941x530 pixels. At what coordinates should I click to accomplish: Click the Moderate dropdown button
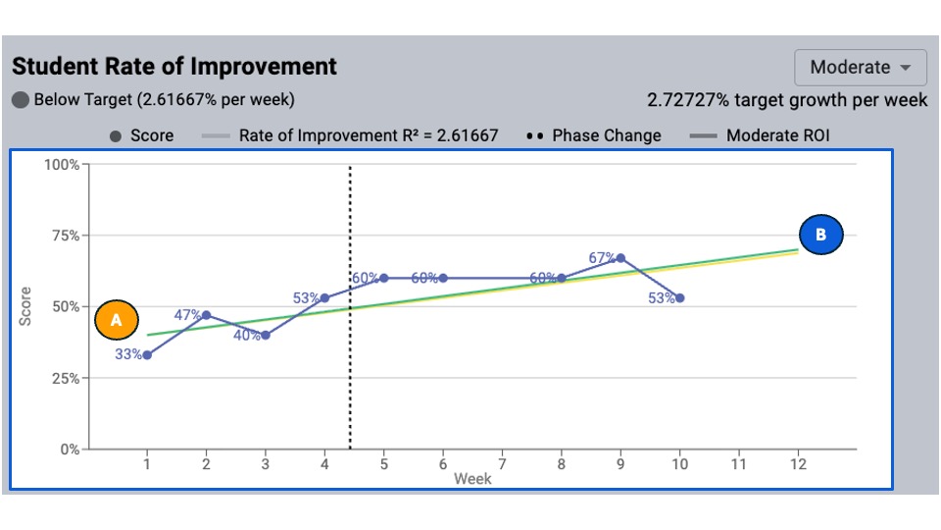pos(861,68)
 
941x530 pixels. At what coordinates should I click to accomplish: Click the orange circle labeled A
pos(117,320)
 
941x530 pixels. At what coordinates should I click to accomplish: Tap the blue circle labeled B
pos(821,236)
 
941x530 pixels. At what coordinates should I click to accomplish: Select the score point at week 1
pos(147,355)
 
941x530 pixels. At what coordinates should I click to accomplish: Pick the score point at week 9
pos(620,258)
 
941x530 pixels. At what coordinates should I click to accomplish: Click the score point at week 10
pos(679,297)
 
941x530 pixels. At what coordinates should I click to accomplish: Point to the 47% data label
pos(187,315)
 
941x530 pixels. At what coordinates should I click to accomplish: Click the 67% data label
pos(602,258)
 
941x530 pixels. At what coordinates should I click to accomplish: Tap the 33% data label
pos(128,354)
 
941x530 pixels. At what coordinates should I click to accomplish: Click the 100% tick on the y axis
pos(62,164)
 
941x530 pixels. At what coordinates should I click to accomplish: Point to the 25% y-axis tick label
pos(64,378)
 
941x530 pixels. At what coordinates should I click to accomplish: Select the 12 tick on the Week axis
pos(798,464)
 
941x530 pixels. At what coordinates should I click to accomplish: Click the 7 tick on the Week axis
pos(502,464)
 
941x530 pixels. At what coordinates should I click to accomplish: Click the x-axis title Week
pos(472,479)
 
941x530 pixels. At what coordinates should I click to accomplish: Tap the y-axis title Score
pos(26,306)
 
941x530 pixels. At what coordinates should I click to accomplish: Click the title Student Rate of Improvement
pos(174,67)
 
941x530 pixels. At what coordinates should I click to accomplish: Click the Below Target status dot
pos(21,100)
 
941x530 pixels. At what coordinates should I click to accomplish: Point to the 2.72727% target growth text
pos(787,100)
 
